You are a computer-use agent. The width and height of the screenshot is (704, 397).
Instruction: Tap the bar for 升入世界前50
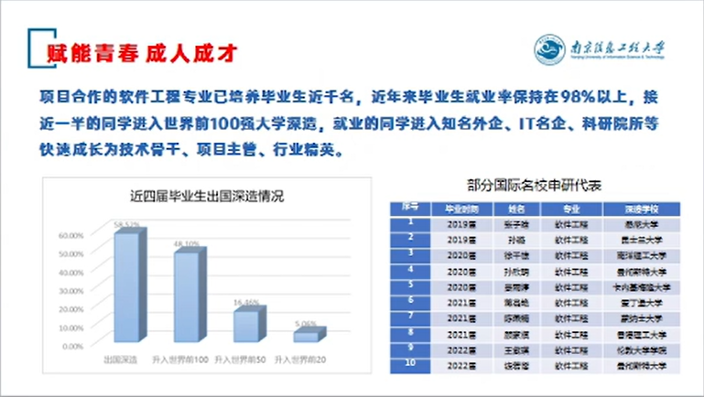coord(246,326)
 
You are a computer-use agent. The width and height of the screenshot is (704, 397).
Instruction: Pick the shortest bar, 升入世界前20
coord(307,337)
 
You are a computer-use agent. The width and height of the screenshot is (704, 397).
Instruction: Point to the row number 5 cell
coord(410,286)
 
